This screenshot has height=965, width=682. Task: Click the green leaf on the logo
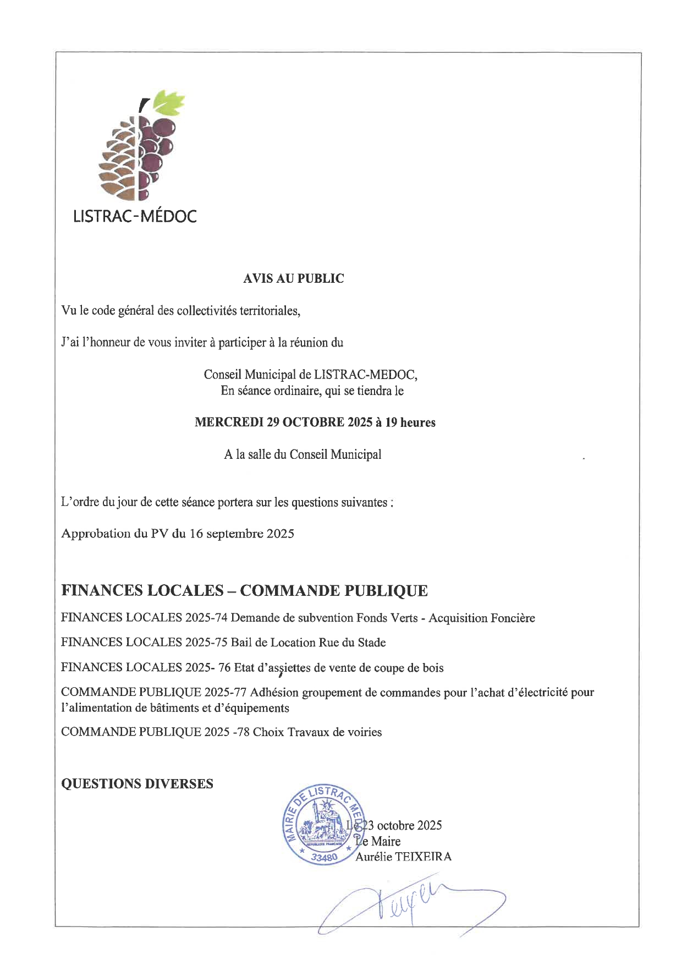(x=168, y=102)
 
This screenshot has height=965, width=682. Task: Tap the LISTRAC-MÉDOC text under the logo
(x=135, y=216)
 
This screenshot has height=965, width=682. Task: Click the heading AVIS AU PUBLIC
(x=293, y=278)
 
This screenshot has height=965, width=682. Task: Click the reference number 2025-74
(x=206, y=618)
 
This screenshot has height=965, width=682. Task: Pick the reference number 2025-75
(x=206, y=643)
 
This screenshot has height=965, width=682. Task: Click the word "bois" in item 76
(x=432, y=668)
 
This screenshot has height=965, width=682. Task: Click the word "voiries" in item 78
(x=364, y=732)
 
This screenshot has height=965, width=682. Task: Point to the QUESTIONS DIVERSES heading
(x=137, y=784)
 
